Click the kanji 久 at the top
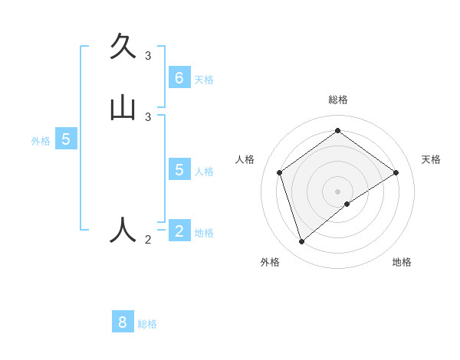click(123, 47)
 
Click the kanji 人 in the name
click(123, 230)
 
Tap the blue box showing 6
click(179, 78)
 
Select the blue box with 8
click(123, 322)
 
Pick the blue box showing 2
click(179, 231)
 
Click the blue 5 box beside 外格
click(66, 139)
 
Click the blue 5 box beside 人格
click(179, 169)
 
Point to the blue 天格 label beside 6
click(204, 80)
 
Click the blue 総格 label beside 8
click(147, 324)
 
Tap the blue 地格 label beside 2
click(204, 233)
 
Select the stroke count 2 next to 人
click(148, 240)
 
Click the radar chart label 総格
click(338, 100)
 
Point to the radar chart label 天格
click(431, 159)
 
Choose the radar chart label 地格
click(402, 262)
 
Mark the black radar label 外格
click(270, 262)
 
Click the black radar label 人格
click(245, 159)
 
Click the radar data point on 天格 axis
click(396, 172)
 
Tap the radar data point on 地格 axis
click(347, 204)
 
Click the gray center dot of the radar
click(337, 190)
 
